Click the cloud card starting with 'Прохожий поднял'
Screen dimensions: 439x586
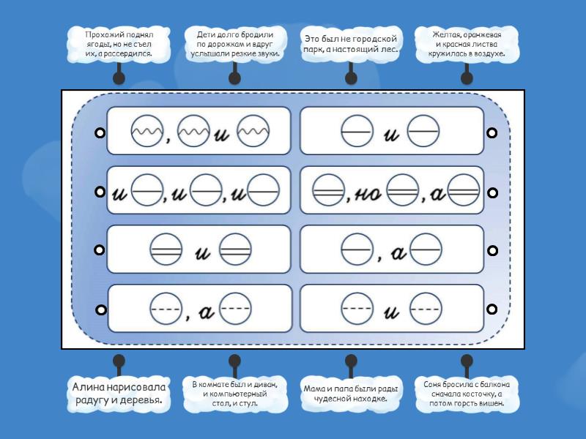(x=119, y=44)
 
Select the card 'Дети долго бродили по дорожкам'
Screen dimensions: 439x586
(x=234, y=44)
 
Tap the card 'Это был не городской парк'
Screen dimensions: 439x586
(x=350, y=44)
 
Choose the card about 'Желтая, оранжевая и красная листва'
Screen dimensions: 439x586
(x=467, y=44)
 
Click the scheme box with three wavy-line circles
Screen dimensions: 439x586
(x=199, y=132)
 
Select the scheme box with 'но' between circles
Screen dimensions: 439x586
(x=392, y=191)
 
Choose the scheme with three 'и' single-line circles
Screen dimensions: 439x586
(x=199, y=191)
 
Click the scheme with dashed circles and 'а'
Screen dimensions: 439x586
(x=199, y=309)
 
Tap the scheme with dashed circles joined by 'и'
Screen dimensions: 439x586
(x=392, y=309)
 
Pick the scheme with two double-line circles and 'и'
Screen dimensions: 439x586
(x=199, y=249)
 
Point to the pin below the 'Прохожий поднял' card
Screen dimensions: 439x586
(x=119, y=78)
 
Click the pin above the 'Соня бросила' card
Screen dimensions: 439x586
(x=467, y=361)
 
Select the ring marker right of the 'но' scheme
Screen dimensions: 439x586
(x=492, y=192)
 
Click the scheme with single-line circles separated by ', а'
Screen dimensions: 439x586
(x=392, y=249)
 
